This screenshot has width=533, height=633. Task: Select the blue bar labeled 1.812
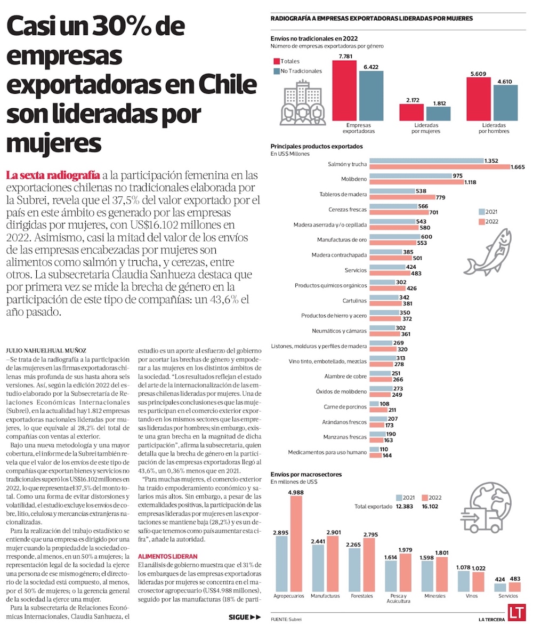point(439,114)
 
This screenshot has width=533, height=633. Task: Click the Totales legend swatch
point(277,61)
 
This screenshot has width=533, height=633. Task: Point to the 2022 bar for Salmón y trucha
point(439,167)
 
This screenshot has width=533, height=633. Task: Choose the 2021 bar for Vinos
point(463,581)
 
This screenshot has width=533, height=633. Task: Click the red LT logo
point(515,613)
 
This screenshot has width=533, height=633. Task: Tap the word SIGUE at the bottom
point(238,617)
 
